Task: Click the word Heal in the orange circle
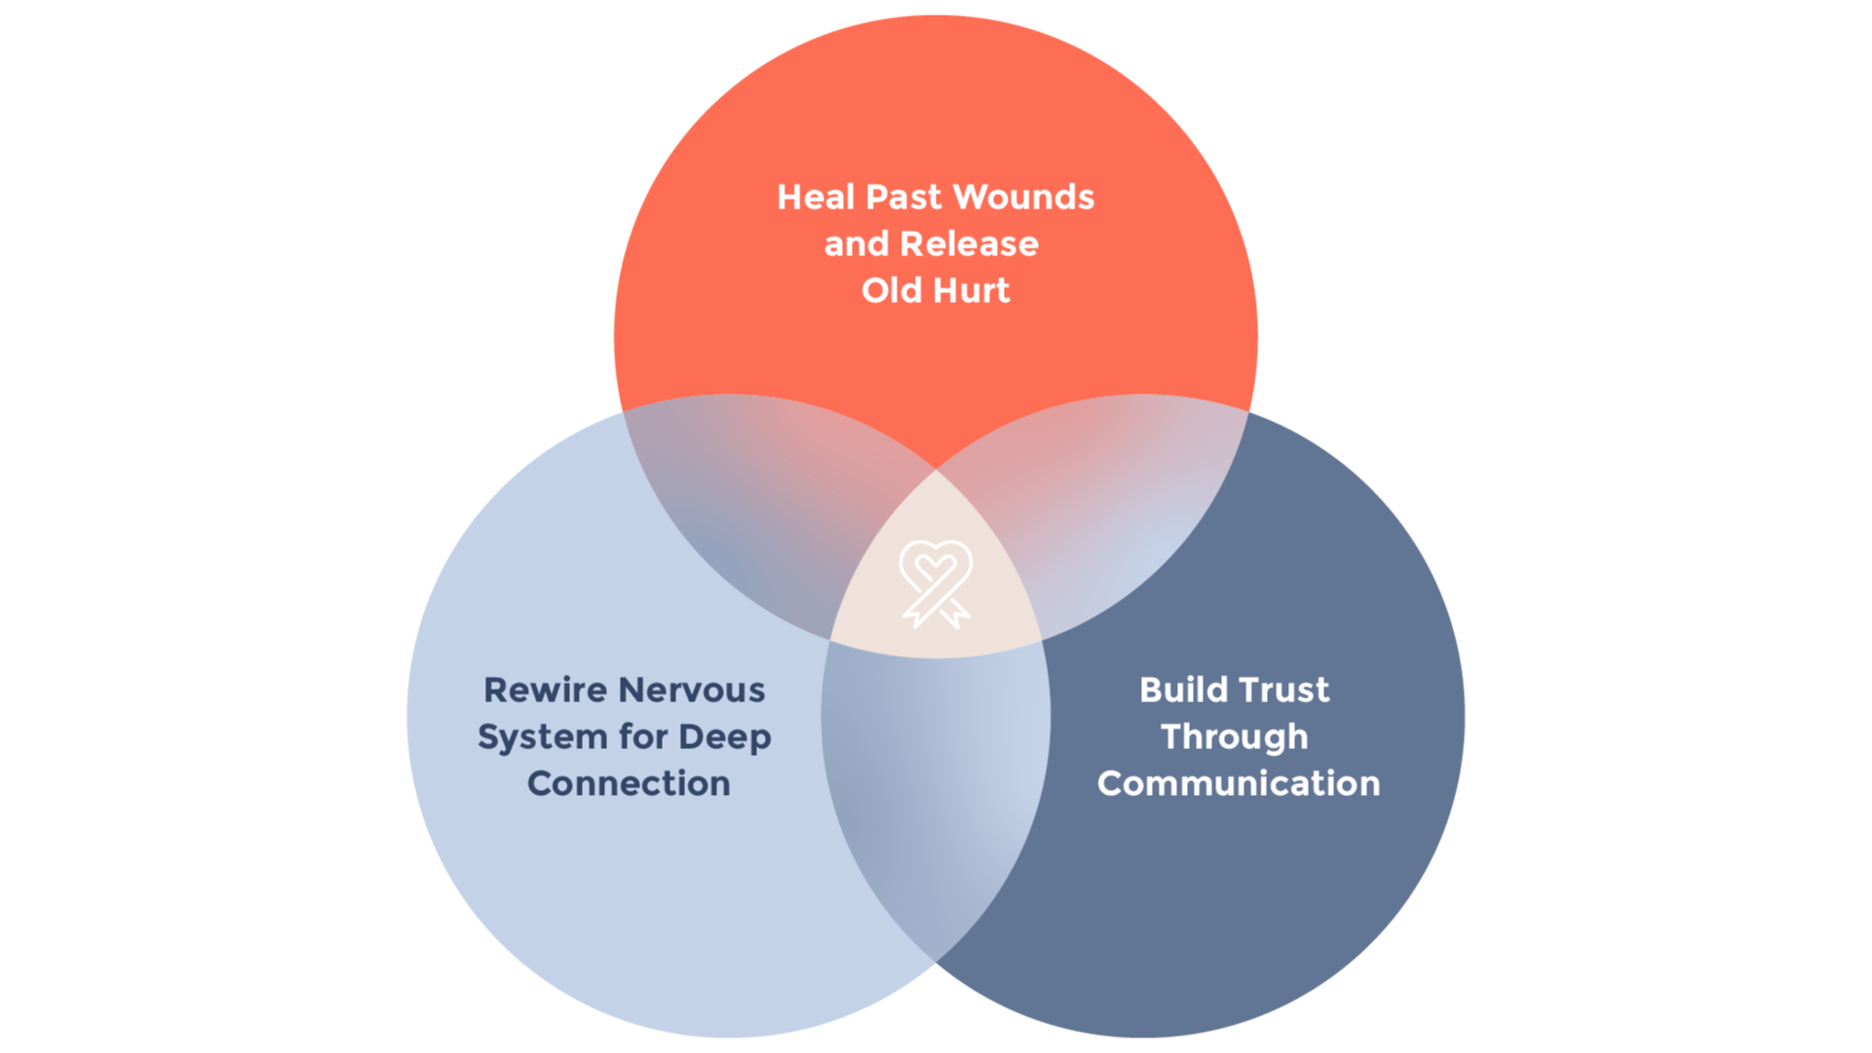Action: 816,198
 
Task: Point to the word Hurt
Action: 972,291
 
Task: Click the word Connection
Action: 629,784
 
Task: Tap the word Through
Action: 1234,737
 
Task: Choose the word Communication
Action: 1238,784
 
